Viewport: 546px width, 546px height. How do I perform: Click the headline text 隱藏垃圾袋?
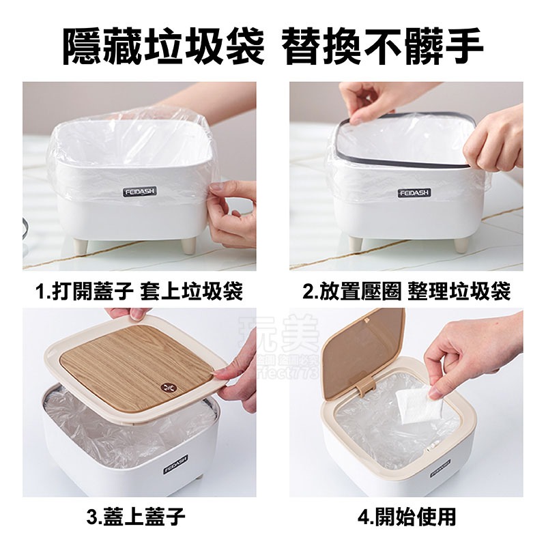click(162, 46)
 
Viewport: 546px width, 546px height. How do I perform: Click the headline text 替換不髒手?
click(384, 46)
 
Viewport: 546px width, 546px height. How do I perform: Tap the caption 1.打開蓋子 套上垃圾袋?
click(139, 292)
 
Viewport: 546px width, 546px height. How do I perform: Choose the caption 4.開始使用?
click(407, 516)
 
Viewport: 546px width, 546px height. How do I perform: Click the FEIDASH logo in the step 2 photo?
click(414, 192)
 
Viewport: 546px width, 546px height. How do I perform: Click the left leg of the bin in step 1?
click(81, 245)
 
